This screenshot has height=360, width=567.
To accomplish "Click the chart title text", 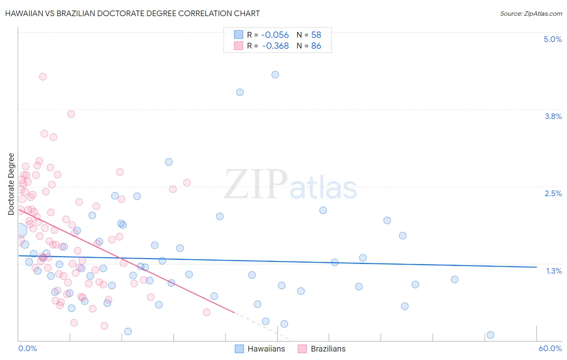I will (132, 13).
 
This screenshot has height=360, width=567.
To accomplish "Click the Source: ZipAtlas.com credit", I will (531, 13).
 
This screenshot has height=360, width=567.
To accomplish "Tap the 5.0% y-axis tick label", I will (552, 39).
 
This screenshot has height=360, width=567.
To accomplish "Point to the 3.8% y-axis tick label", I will (553, 116).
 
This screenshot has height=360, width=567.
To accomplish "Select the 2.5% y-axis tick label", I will (553, 193).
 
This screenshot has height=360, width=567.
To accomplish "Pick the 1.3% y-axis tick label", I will (554, 271).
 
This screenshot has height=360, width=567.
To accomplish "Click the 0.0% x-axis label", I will (27, 348).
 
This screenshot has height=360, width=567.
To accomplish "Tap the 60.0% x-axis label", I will (550, 348).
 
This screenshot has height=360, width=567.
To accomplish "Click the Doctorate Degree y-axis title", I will (11, 184).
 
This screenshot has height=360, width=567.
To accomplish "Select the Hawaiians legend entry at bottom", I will (260, 349).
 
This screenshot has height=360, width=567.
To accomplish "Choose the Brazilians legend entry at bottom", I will (321, 349).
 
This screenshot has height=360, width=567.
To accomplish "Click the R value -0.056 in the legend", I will (275, 35).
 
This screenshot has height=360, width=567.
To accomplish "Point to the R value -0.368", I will (275, 46).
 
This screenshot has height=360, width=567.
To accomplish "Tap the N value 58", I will (316, 35).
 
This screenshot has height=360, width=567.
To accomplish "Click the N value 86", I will (316, 46).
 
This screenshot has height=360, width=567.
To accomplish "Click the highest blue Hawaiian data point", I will (275, 75).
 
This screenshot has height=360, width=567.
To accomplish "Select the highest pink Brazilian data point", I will (43, 77).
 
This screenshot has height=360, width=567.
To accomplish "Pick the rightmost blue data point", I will (490, 335).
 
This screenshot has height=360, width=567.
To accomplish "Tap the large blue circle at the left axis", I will (19, 230).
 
